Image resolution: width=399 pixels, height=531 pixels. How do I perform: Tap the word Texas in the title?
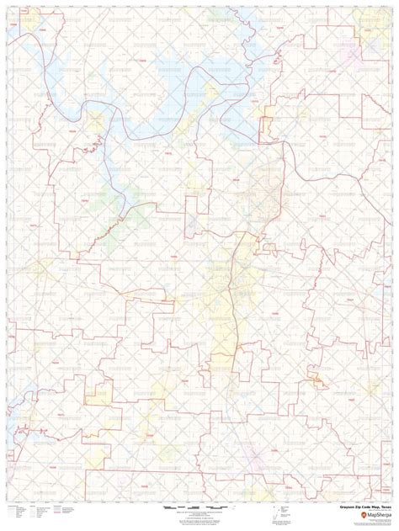386,507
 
